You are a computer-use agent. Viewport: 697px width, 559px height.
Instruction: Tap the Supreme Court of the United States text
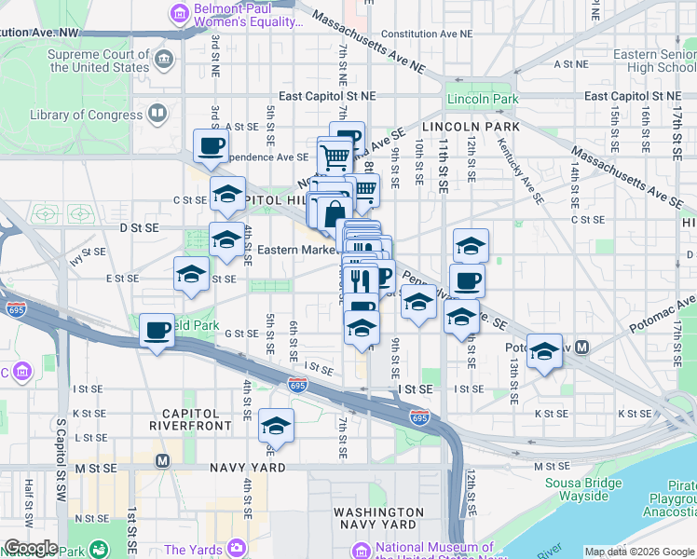click(98, 61)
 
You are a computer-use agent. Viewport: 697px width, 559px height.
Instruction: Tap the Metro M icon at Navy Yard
click(162, 460)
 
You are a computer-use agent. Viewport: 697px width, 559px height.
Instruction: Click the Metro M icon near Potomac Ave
click(582, 348)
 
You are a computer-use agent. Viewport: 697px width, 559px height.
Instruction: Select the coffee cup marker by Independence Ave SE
click(211, 145)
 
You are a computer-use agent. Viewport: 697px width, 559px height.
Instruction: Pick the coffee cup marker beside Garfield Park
click(157, 329)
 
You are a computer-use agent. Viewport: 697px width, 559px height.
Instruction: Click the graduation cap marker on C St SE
click(227, 193)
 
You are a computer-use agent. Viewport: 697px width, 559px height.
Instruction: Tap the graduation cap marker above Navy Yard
click(276, 425)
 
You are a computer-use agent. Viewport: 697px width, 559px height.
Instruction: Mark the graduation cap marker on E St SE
click(191, 273)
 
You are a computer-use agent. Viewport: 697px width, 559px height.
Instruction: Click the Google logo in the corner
click(30, 547)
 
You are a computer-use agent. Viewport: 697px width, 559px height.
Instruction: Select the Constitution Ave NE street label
click(420, 34)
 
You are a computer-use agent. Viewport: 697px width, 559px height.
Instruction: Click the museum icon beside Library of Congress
click(157, 115)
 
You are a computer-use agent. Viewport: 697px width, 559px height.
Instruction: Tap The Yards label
click(193, 550)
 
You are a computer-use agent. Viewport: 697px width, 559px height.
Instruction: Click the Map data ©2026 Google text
click(639, 552)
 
